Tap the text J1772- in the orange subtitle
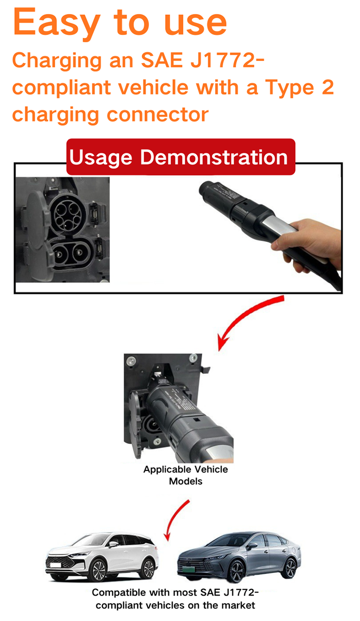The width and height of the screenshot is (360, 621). pyautogui.click(x=227, y=60)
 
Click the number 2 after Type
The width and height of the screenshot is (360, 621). pyautogui.click(x=327, y=87)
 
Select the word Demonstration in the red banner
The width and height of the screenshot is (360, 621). pyautogui.click(x=214, y=157)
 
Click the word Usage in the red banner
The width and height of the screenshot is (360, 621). pyautogui.click(x=101, y=158)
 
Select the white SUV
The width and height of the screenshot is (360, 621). pyautogui.click(x=102, y=557)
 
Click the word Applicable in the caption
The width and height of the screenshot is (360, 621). pyautogui.click(x=167, y=470)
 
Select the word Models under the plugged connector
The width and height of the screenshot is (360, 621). pyautogui.click(x=186, y=481)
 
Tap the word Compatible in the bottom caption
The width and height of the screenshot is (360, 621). pyautogui.click(x=119, y=592)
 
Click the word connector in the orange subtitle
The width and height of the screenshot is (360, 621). pyautogui.click(x=157, y=114)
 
